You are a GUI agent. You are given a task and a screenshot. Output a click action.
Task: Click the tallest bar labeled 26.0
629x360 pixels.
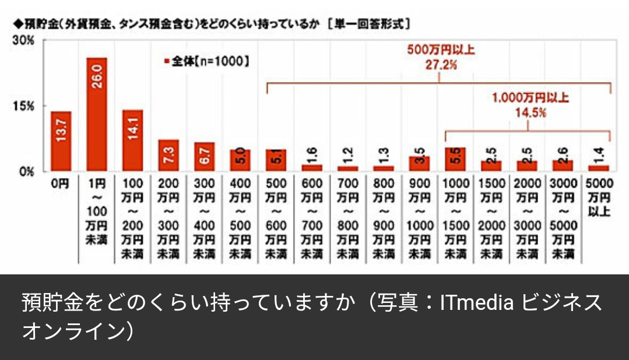click(x=96, y=114)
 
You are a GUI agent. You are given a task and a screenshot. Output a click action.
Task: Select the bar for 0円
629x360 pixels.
click(x=61, y=141)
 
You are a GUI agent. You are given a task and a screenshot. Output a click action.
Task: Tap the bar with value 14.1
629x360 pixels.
click(x=132, y=140)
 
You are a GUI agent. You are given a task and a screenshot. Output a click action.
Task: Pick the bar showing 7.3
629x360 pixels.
click(x=168, y=156)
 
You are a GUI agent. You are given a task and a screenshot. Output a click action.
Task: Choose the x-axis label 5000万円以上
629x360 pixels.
click(x=598, y=197)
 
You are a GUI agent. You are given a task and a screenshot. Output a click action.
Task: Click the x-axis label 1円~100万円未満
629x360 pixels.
click(x=96, y=211)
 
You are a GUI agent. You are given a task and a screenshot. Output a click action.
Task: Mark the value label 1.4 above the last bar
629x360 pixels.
click(x=598, y=154)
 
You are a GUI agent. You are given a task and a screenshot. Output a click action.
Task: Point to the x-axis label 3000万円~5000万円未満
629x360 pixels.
click(x=563, y=218)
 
